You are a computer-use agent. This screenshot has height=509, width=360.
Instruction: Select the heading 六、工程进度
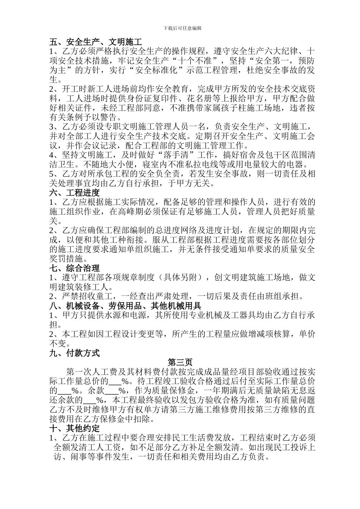click(x=75, y=192)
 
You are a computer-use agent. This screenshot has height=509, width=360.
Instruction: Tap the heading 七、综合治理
click(x=75, y=269)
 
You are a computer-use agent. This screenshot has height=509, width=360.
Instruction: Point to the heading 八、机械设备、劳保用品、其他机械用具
click(x=125, y=306)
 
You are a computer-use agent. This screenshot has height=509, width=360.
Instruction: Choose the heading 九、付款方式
click(x=75, y=353)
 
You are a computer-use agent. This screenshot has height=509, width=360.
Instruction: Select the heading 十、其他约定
click(x=75, y=429)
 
